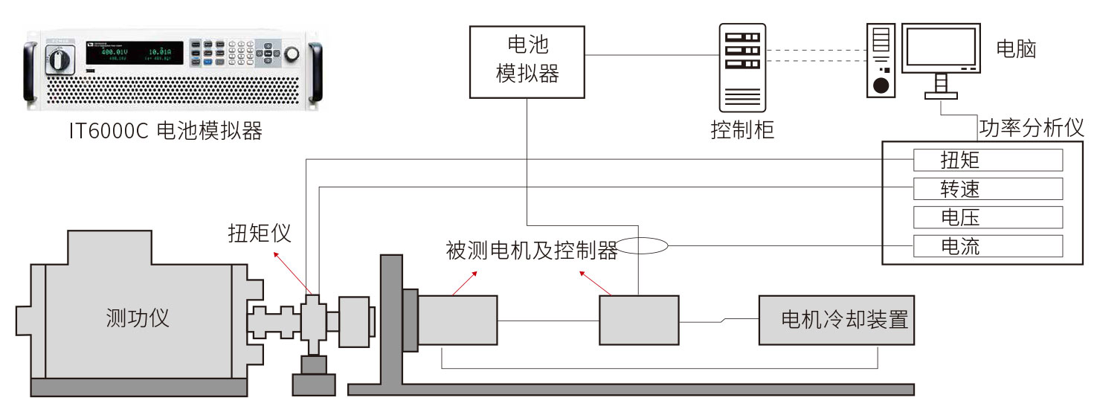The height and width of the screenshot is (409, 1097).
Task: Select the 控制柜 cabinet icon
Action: [x=741, y=67]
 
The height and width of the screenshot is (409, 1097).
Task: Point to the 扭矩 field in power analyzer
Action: [x=988, y=160]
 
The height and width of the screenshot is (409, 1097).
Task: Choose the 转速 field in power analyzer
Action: [x=988, y=189]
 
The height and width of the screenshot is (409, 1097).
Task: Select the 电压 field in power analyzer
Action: [x=988, y=217]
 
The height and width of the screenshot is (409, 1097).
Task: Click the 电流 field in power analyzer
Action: [x=988, y=245]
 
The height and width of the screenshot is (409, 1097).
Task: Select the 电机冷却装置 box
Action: [x=836, y=320]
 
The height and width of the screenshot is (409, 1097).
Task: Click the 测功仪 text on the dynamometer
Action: [x=138, y=318]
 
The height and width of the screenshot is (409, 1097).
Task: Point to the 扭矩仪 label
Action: [x=260, y=233]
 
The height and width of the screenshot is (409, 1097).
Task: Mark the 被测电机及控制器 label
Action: [x=532, y=251]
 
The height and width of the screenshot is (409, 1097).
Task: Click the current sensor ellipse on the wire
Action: [x=643, y=245]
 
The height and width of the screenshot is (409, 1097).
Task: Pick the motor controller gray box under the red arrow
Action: [x=639, y=320]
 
